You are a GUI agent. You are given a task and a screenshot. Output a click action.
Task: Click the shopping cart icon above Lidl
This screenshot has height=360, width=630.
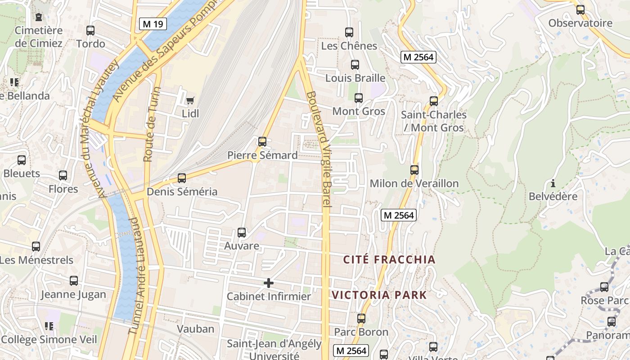click(x=190, y=100)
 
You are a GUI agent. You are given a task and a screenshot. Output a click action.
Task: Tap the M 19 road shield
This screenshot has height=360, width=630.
click(x=153, y=24)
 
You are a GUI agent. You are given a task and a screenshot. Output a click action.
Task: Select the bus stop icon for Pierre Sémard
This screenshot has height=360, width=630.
click(x=262, y=142)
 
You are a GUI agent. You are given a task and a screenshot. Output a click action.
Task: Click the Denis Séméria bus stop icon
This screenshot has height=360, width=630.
click(x=182, y=178)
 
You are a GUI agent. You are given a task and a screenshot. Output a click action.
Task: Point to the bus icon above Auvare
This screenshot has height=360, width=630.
click(x=242, y=233)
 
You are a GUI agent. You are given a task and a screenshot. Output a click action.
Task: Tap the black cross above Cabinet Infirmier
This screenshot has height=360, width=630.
click(x=269, y=283)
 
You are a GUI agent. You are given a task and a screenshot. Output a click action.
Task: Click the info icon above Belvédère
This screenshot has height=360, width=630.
click(x=553, y=183)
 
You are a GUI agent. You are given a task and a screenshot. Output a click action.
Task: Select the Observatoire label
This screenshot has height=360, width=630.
click(x=580, y=23)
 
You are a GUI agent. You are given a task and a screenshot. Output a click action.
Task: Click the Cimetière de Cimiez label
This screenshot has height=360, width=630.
click(x=39, y=37)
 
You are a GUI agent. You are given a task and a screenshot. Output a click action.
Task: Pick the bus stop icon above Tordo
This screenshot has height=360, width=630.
click(x=90, y=31)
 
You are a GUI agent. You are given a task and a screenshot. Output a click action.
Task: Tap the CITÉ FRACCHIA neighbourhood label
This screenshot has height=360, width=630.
click(x=389, y=260)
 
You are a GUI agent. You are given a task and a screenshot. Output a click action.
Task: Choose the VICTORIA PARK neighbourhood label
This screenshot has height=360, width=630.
click(x=379, y=295)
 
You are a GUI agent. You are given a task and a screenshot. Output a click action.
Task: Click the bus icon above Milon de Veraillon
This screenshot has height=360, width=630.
click(x=414, y=170)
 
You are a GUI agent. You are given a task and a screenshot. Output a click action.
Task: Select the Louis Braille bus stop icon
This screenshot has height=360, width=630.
click(x=355, y=65)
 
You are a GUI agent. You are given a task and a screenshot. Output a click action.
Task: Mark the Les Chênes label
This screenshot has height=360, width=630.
click(x=349, y=46)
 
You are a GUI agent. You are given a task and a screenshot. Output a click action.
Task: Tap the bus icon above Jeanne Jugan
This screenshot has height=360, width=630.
click(x=74, y=281)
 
